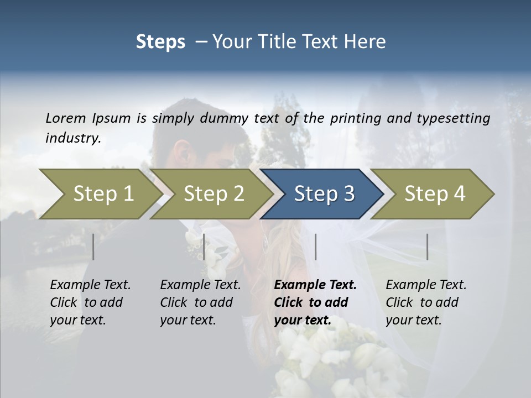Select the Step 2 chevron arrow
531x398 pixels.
point(214,194)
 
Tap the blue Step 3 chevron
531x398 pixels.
point(324,194)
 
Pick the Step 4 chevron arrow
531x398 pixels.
point(435,194)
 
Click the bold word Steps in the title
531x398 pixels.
point(160,42)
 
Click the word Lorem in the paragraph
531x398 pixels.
point(66,118)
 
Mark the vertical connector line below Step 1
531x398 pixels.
point(93,247)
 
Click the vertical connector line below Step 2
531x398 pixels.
point(204,247)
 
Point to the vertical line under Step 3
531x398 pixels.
point(315,247)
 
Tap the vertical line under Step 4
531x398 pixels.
point(427,247)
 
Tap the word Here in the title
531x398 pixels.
point(366,42)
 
